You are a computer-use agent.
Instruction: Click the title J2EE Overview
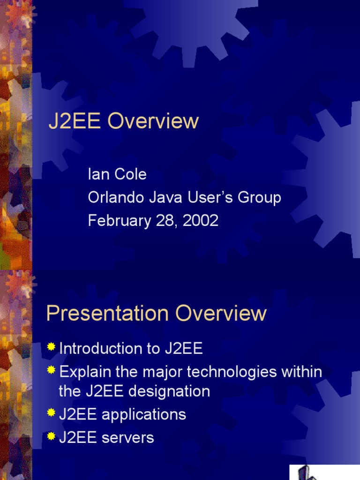tap(124, 122)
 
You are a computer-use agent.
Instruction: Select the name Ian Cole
tap(117, 175)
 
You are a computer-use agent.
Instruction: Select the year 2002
tap(201, 221)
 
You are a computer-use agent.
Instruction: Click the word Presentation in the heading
tap(108, 314)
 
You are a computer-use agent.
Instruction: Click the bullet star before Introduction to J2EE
tap(51, 347)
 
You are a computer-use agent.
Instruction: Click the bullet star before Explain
tap(51, 370)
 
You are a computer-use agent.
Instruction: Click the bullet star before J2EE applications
tap(51, 412)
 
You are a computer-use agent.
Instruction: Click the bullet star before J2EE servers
tap(51, 436)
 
